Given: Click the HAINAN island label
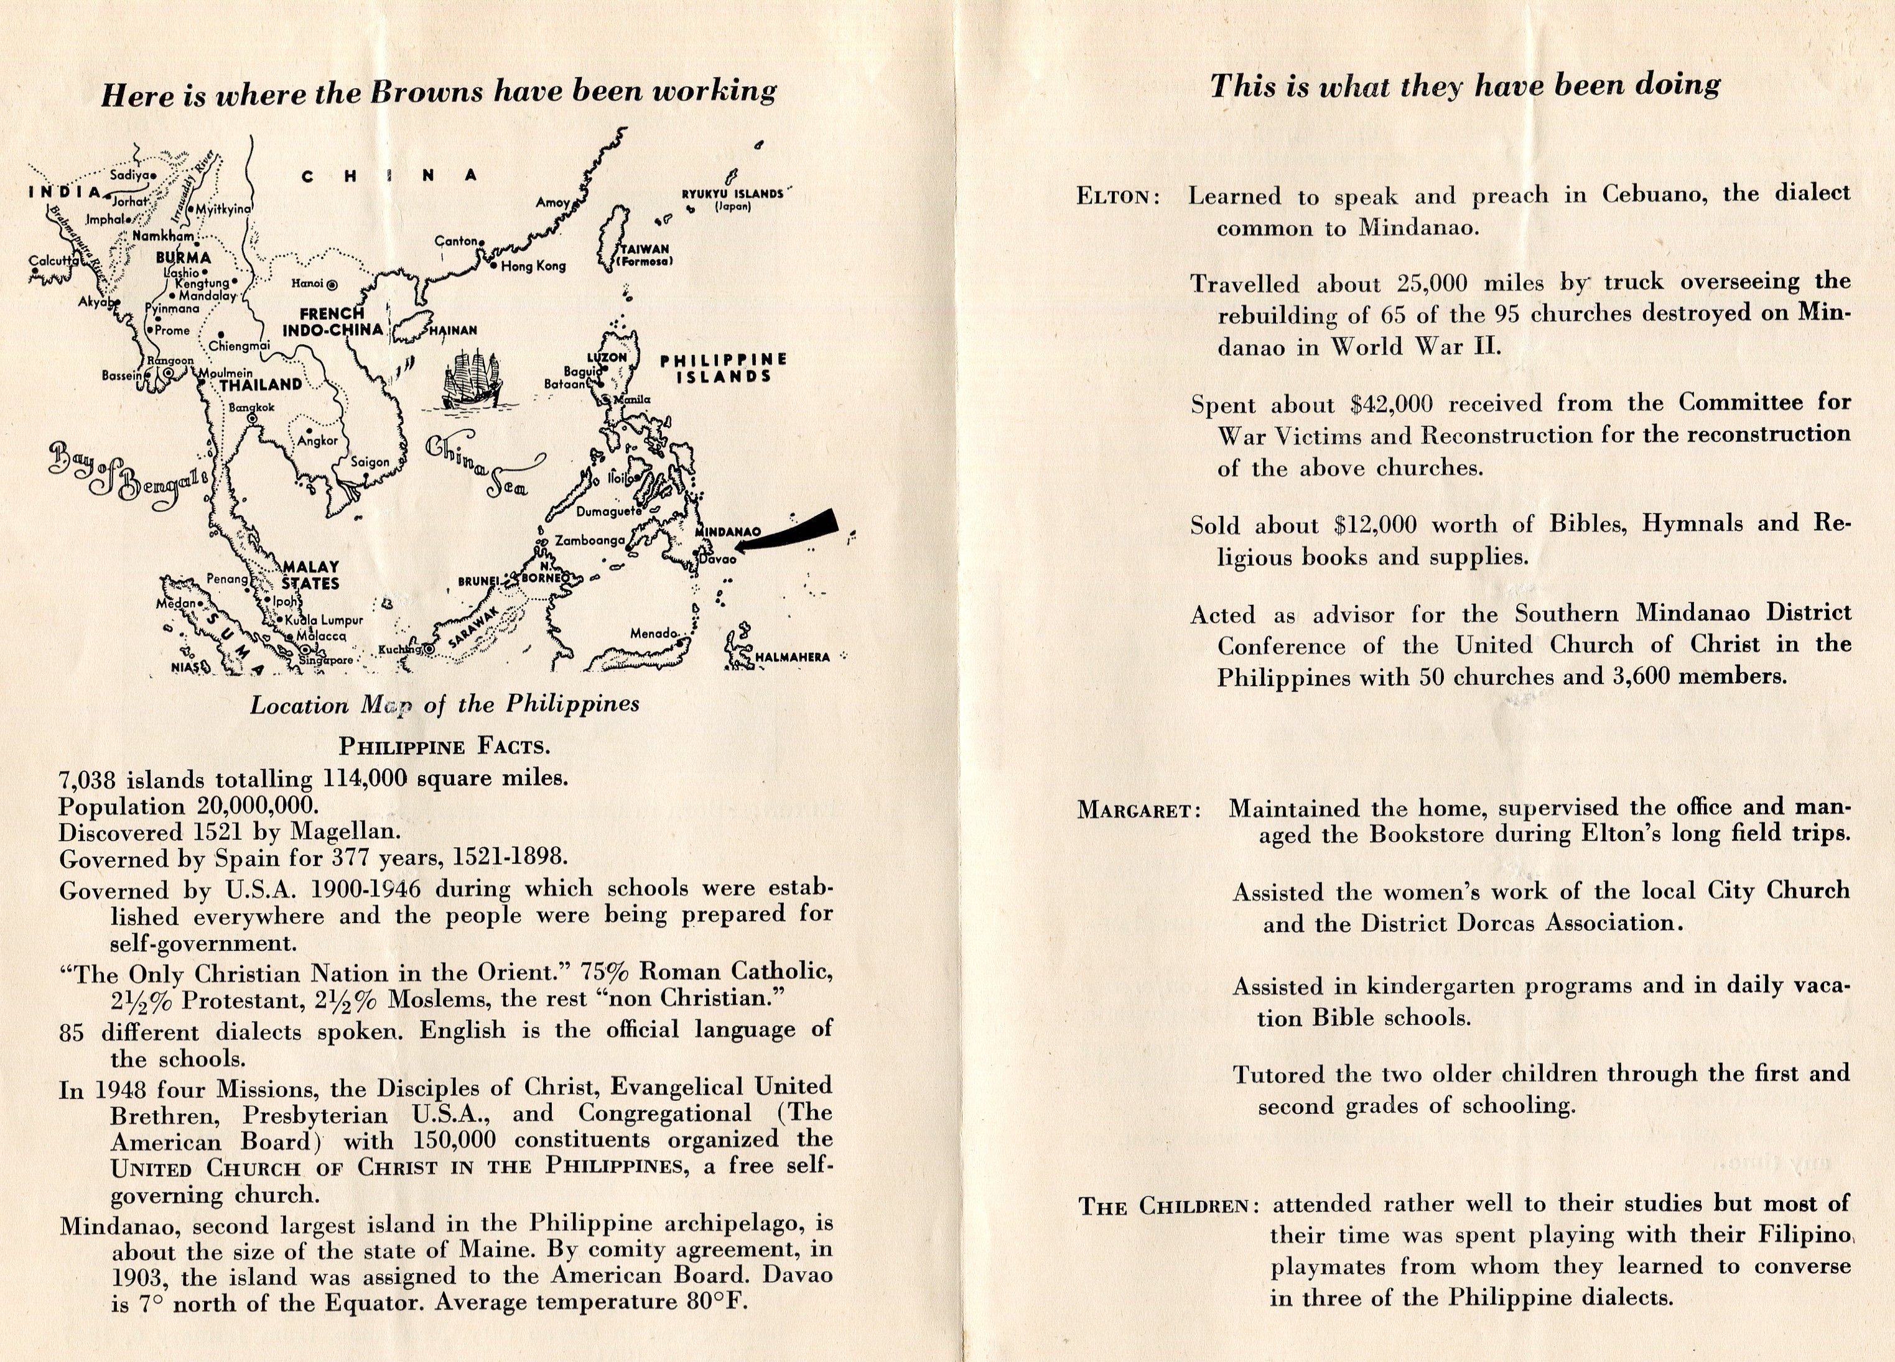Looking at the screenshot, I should click(x=454, y=331).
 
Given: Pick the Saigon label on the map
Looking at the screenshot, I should click(x=370, y=462).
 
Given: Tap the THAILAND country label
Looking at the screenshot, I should click(x=261, y=385).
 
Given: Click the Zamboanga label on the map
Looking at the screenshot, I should click(x=590, y=540).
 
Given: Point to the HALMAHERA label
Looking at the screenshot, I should click(x=792, y=657).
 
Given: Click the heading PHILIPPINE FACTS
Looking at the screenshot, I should click(x=444, y=746).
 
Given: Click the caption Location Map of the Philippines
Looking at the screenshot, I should click(x=444, y=705).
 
